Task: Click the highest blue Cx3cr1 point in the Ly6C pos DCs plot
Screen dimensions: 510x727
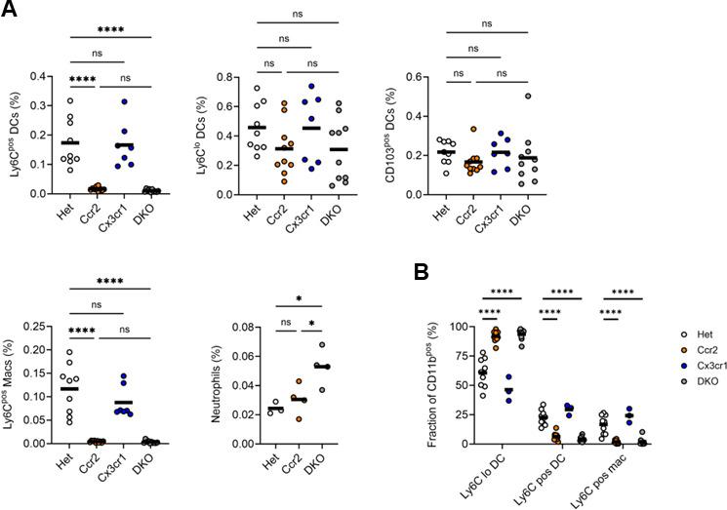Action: pyautogui.click(x=151, y=101)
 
